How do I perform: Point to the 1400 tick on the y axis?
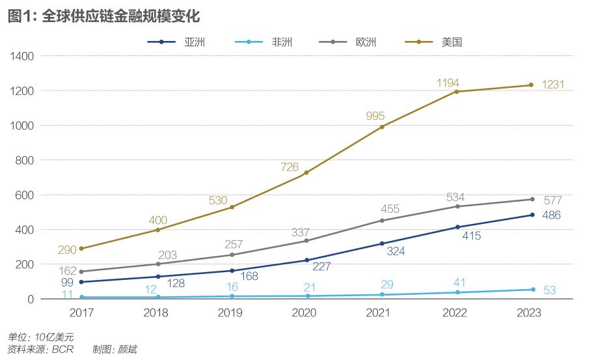22,56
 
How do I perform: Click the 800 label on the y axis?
25,160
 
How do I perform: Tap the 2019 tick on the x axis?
231,312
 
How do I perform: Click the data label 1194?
448,83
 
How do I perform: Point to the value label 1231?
552,85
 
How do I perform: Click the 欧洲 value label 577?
552,201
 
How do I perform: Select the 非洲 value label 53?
550,290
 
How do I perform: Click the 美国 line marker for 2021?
382,126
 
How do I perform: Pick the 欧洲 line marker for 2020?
306,241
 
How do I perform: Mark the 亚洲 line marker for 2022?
457,227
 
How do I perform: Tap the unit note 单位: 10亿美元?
41,337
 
